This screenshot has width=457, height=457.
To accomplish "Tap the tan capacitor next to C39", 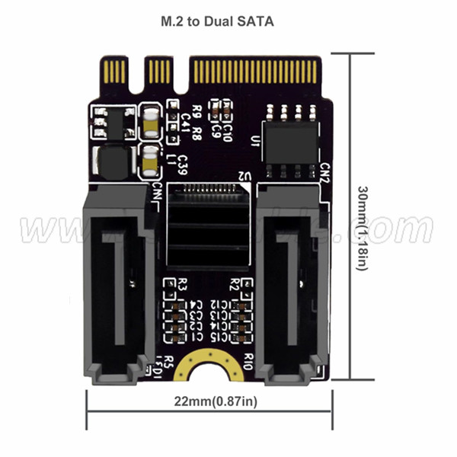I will click(151, 162).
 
